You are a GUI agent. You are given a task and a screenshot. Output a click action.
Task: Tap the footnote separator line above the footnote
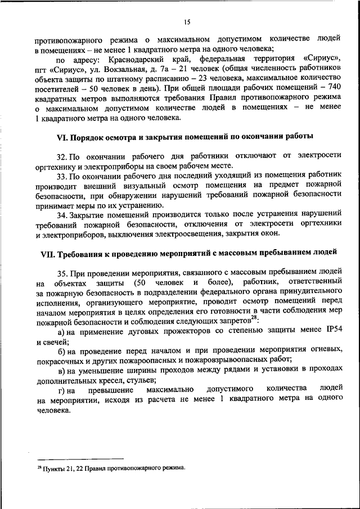(62, 459)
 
